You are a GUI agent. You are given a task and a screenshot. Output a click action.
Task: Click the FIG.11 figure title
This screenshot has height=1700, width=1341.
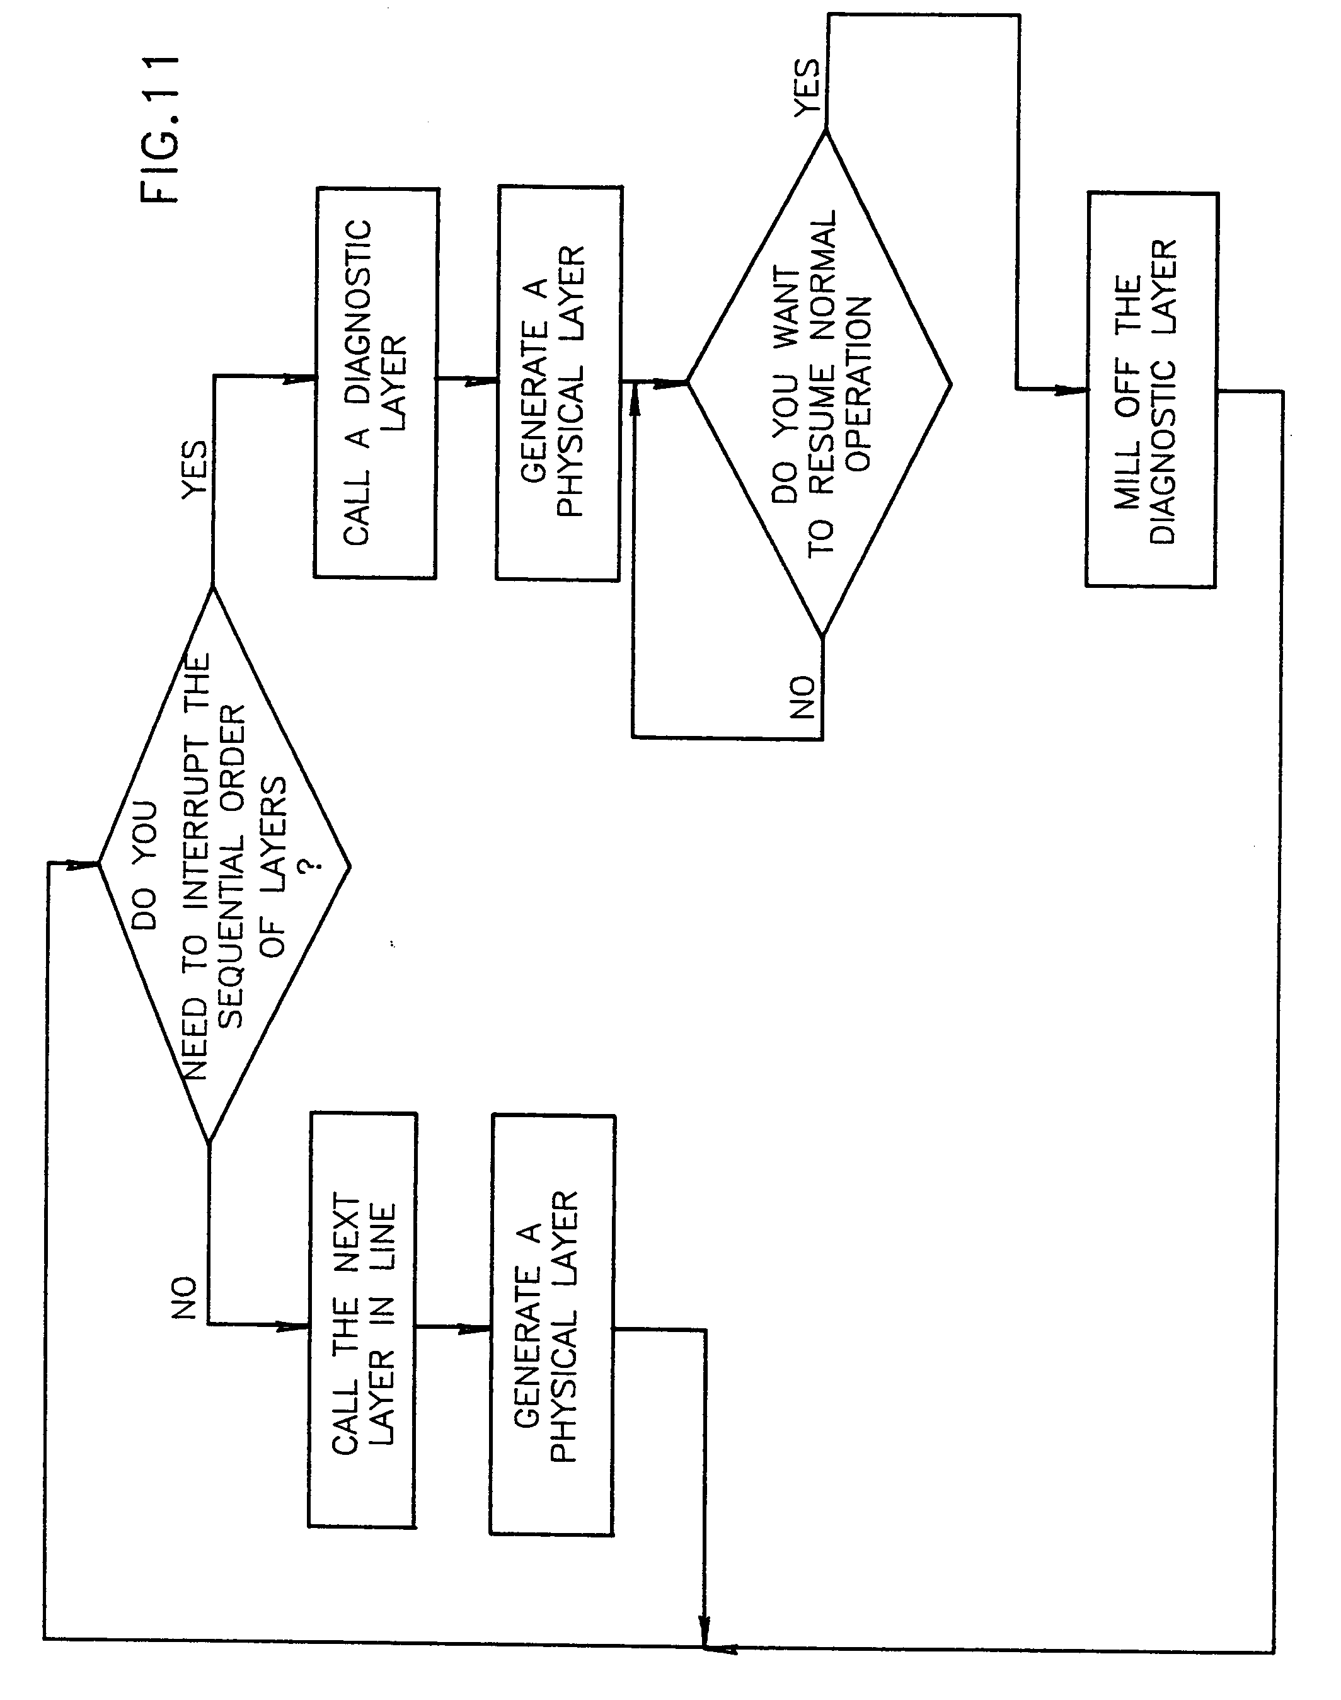[161, 130]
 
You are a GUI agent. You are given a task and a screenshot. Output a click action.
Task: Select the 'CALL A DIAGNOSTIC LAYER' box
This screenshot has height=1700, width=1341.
[376, 383]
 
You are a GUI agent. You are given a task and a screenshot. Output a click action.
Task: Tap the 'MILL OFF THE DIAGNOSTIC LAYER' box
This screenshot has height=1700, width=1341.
[1151, 390]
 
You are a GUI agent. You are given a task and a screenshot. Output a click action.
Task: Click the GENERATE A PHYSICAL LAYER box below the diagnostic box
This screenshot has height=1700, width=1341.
[558, 383]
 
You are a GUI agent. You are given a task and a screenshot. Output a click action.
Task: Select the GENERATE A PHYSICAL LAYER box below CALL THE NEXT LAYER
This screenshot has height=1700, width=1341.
[552, 1326]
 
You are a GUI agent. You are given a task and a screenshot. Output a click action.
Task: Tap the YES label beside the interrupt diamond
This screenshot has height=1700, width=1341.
[195, 469]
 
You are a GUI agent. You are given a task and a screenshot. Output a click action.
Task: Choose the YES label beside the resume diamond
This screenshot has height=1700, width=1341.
[807, 88]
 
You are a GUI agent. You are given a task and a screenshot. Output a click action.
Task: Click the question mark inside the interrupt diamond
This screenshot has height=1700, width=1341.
[312, 864]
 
